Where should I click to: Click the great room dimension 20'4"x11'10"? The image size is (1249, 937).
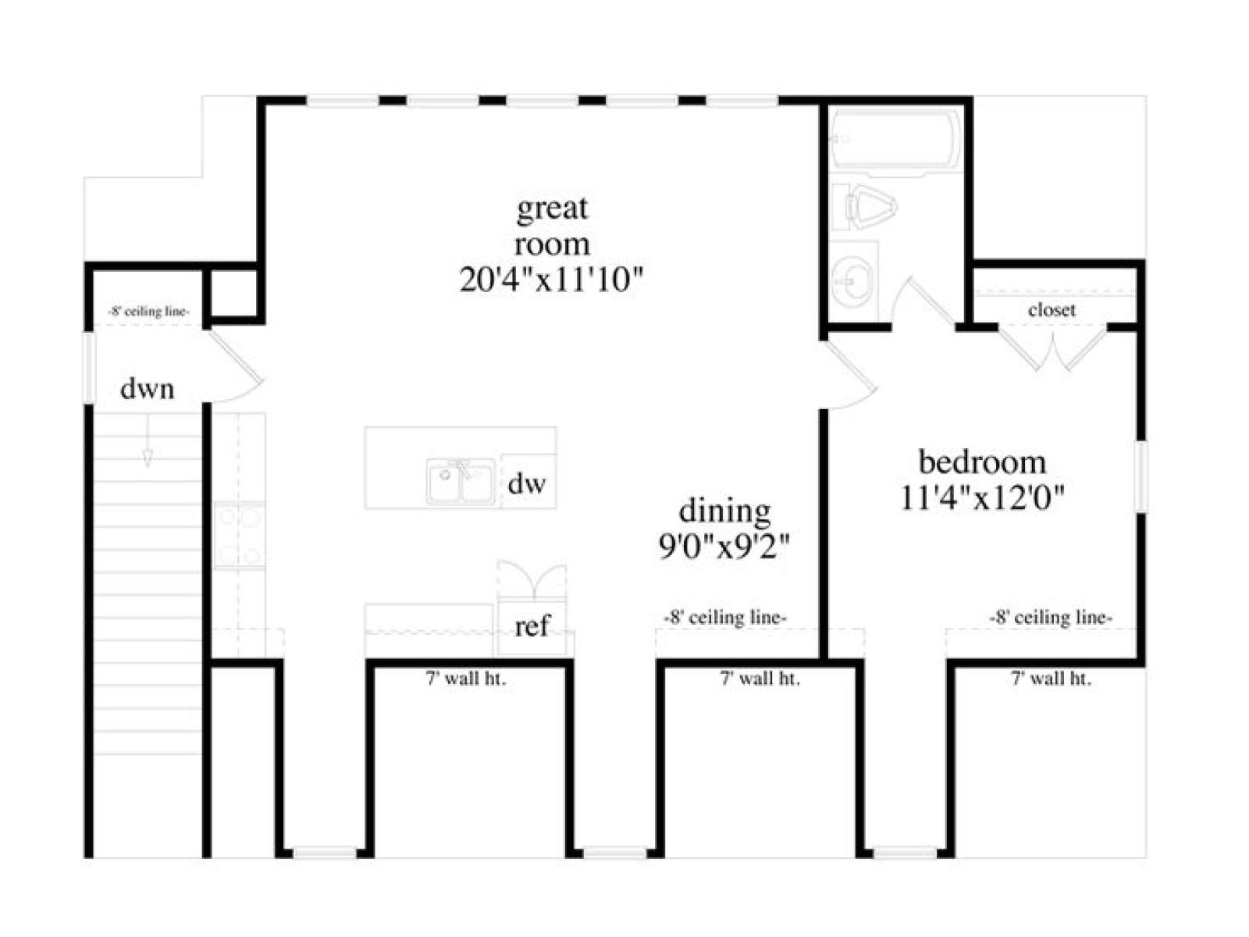tap(550, 280)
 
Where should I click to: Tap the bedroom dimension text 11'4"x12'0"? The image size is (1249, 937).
tap(982, 497)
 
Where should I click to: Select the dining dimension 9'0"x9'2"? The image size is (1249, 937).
tap(724, 546)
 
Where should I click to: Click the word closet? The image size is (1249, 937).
tap(1052, 310)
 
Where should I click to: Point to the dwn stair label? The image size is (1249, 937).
tap(148, 389)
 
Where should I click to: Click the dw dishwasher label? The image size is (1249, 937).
tap(526, 483)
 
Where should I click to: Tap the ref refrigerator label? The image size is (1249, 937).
tap(532, 625)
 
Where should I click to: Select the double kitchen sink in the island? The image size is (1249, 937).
tap(461, 481)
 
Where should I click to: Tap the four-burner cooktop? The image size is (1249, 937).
tap(239, 534)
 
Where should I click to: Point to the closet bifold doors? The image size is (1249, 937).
tap(1053, 348)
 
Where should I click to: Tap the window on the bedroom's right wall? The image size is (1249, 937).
tap(1140, 476)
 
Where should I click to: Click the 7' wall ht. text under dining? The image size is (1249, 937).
tap(760, 679)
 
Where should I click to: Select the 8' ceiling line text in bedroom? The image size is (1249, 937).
tap(1051, 618)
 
